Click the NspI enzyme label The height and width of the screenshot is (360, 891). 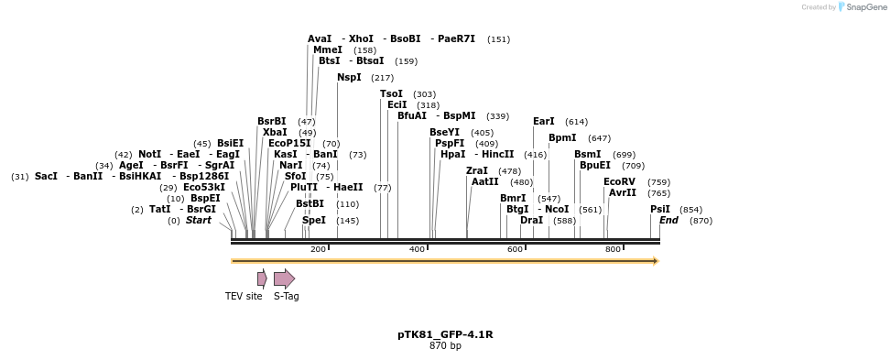(x=349, y=78)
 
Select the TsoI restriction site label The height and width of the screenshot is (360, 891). (x=391, y=94)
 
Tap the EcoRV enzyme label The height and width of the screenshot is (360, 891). (x=619, y=182)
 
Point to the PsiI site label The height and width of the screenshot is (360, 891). (x=660, y=210)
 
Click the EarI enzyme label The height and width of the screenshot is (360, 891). (x=544, y=122)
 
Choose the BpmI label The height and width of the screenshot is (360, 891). (x=562, y=138)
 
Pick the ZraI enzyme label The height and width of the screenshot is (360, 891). (x=477, y=171)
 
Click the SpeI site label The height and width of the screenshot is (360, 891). (x=314, y=221)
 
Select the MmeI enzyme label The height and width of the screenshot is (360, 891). (x=328, y=50)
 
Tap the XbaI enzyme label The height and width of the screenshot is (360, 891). (x=275, y=133)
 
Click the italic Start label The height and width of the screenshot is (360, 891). (x=199, y=221)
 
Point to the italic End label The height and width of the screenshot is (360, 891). (x=669, y=221)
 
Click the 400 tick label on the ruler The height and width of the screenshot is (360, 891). (x=417, y=249)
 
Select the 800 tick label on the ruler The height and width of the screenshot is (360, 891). (x=613, y=249)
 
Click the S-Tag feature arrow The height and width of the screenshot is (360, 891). (x=284, y=278)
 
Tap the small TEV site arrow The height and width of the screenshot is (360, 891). (x=262, y=278)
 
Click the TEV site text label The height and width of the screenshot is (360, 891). (x=244, y=296)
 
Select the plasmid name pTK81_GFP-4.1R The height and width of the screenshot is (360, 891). (x=445, y=334)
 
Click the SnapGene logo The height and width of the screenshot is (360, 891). (x=860, y=7)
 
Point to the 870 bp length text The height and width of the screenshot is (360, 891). (x=445, y=346)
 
